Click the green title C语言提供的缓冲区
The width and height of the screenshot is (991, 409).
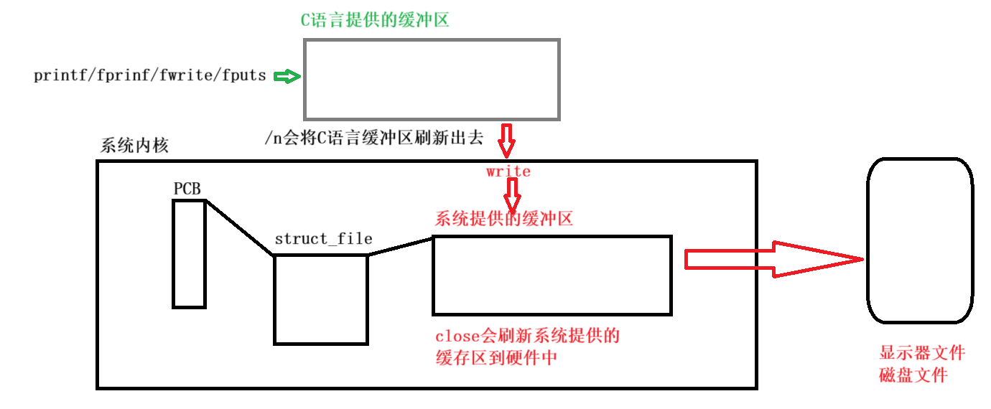tap(374, 20)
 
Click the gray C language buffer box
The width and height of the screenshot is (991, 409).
tap(431, 79)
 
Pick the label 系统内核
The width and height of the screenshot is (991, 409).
tap(135, 146)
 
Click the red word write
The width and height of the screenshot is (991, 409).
tap(508, 171)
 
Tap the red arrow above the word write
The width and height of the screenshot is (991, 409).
tap(507, 141)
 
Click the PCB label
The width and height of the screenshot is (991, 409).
tap(187, 189)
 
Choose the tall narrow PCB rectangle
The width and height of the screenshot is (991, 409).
tap(189, 253)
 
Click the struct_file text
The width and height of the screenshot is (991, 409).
tap(323, 239)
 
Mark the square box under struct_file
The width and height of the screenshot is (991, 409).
tap(320, 299)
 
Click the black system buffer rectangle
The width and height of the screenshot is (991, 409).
tap(552, 275)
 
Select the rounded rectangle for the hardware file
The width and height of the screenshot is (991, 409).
tap(920, 240)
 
